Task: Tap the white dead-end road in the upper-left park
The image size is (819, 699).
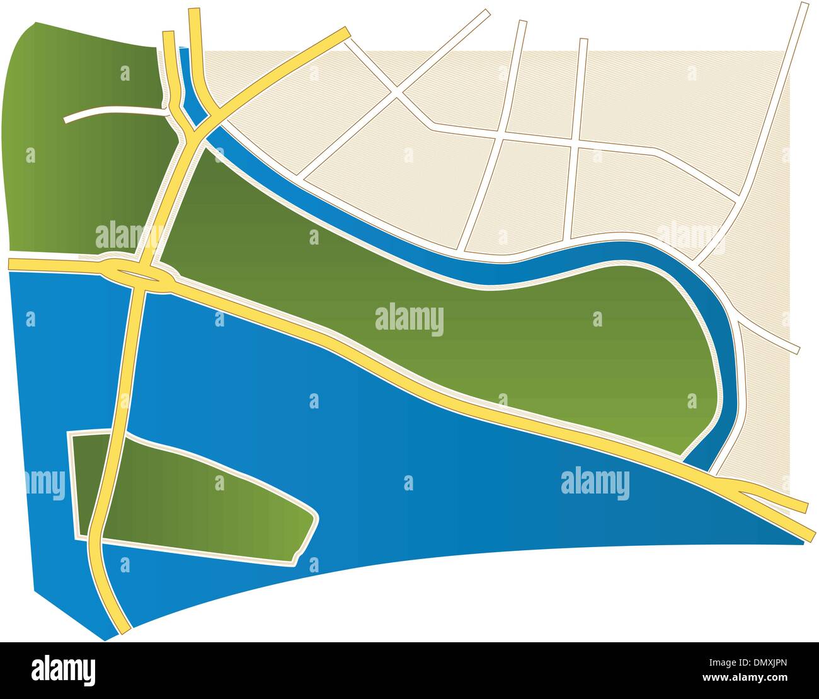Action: click(113, 112)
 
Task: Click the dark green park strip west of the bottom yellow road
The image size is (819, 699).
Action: click(86, 485)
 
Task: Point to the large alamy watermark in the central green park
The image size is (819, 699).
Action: click(409, 320)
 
